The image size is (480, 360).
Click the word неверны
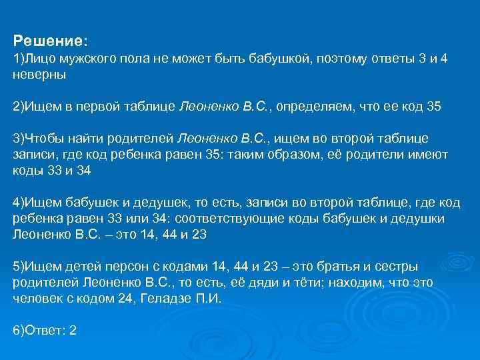[39, 75]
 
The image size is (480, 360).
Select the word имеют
[431, 154]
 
